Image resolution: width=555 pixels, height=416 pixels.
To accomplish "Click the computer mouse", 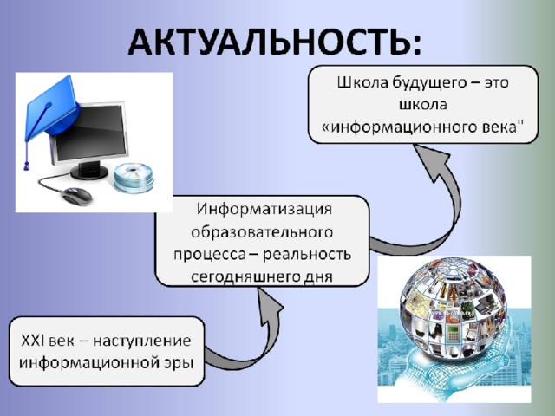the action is tap(77, 197).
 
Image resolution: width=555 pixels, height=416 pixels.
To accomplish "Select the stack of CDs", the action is tap(134, 178).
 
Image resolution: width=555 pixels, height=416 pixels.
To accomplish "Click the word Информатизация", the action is tap(264, 209).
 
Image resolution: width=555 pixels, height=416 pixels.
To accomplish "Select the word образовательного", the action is tap(262, 232).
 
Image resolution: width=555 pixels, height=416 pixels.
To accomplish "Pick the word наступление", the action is tap(142, 341).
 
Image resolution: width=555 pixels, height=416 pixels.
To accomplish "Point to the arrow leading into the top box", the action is tap(441, 212).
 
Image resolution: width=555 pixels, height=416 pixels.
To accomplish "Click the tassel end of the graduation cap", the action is tap(26, 165).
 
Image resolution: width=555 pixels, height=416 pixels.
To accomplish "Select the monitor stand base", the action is tap(89, 172).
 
